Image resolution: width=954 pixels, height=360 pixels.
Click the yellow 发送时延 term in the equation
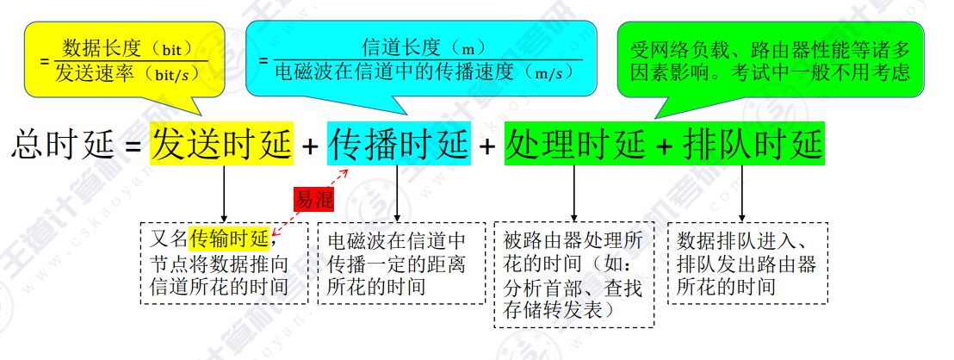pos(222,143)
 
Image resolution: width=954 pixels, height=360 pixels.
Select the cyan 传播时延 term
pos(399,143)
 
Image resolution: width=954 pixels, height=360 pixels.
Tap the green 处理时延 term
pos(574,143)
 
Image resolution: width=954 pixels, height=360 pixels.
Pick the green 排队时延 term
pos(752,143)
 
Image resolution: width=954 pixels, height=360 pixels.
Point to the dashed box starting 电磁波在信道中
pos(396,264)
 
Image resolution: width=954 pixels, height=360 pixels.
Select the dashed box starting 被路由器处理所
pos(573,275)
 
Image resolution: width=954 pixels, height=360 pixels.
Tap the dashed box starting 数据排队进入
pos(747,264)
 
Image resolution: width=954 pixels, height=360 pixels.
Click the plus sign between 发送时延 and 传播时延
pos(310,146)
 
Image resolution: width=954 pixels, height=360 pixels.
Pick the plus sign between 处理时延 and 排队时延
pos(663,146)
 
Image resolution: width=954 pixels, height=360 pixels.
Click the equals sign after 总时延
pos(133,146)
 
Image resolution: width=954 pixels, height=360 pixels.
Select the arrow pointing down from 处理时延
pos(574,193)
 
